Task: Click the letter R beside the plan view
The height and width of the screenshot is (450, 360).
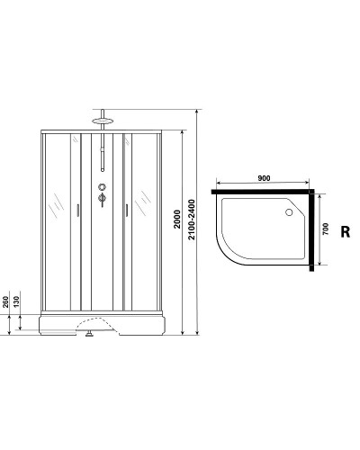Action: click(x=345, y=230)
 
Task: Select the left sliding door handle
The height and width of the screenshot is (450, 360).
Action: click(x=77, y=210)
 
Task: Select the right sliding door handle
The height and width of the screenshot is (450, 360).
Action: click(x=127, y=210)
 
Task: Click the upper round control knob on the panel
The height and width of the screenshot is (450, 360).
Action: click(x=103, y=188)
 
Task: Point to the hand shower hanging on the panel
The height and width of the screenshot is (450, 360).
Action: click(x=103, y=157)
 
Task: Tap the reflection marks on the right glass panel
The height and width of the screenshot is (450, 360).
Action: click(x=144, y=200)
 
